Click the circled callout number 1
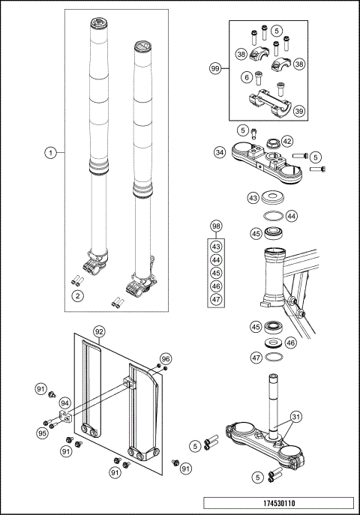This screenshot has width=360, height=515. (51, 152)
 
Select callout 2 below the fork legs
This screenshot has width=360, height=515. (76, 296)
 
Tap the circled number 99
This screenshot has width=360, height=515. (216, 67)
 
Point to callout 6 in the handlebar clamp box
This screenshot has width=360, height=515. (246, 76)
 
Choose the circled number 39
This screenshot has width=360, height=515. (298, 111)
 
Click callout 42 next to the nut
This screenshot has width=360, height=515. (287, 141)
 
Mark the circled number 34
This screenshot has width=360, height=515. (220, 152)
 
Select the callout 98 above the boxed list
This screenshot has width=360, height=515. (216, 226)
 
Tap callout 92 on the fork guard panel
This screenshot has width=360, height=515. (99, 331)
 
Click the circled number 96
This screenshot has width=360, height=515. (166, 358)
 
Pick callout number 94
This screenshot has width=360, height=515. (65, 403)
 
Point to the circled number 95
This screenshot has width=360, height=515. (43, 433)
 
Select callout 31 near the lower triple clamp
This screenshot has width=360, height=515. (295, 417)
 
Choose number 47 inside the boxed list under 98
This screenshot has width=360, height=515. (216, 300)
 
